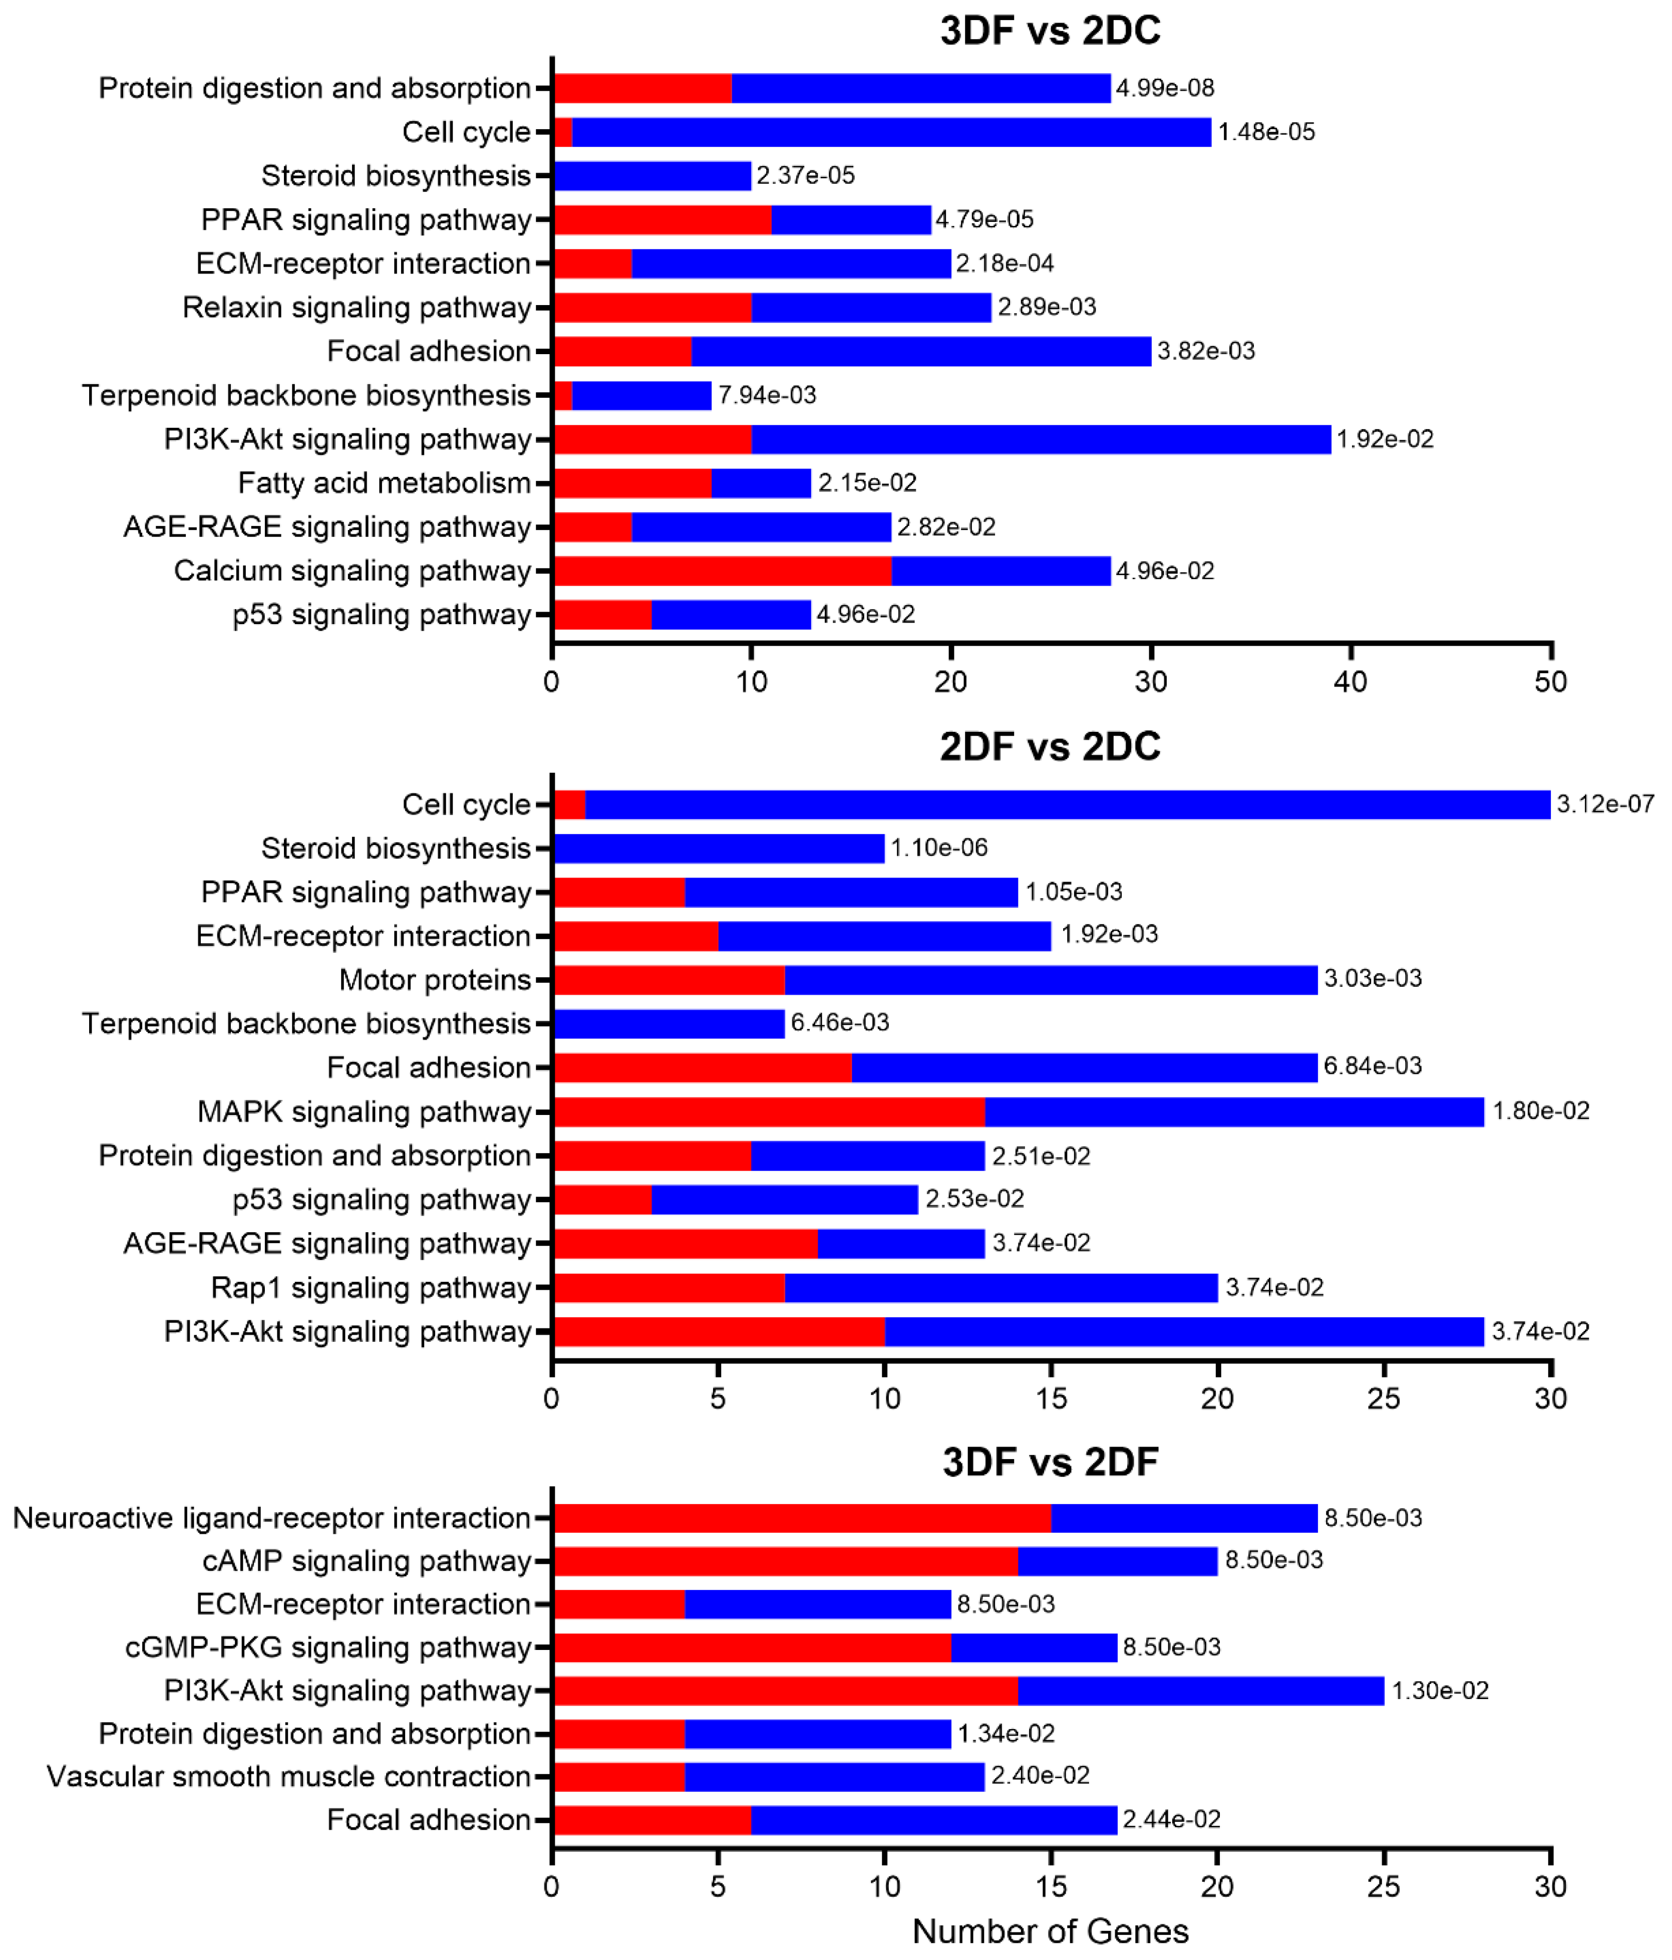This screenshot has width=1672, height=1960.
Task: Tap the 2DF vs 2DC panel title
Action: coord(1050,746)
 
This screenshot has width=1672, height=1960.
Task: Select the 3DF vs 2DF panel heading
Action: coord(1050,1462)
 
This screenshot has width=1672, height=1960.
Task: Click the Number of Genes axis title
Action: coord(1050,1930)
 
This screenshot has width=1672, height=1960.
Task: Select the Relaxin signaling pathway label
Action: coord(357,308)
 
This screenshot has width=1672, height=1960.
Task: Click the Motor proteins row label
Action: coord(435,980)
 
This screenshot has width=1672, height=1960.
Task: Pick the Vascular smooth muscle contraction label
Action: coord(288,1777)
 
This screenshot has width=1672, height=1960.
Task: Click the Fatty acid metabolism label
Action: coord(384,483)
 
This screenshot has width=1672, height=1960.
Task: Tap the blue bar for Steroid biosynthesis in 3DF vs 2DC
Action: coord(652,176)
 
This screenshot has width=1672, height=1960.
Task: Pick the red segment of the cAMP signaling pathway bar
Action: coord(786,1561)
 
